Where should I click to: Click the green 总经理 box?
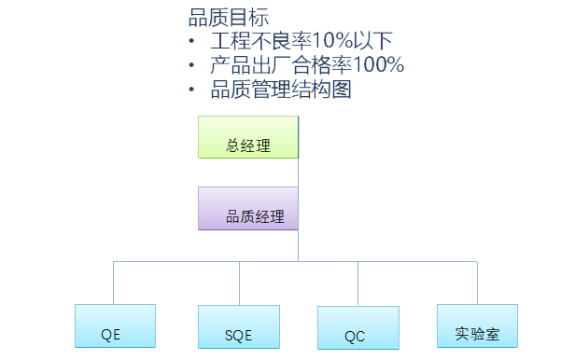tap(247, 137)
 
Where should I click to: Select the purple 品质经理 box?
tap(247, 208)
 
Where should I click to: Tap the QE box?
tap(115, 325)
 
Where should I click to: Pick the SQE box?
tap(239, 325)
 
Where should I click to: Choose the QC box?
tap(357, 326)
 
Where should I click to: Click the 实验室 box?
tap(477, 325)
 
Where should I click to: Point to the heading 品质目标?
tap(229, 18)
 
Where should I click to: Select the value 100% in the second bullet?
tap(377, 65)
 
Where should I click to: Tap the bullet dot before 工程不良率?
tap(192, 42)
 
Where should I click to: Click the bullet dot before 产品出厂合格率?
tap(192, 65)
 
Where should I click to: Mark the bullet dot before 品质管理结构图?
tap(192, 90)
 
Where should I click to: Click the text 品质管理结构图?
tap(281, 90)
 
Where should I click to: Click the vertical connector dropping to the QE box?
tap(114, 283)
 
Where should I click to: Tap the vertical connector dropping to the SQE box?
tap(239, 283)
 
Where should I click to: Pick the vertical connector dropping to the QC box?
tap(357, 284)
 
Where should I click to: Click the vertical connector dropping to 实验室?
tap(477, 283)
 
